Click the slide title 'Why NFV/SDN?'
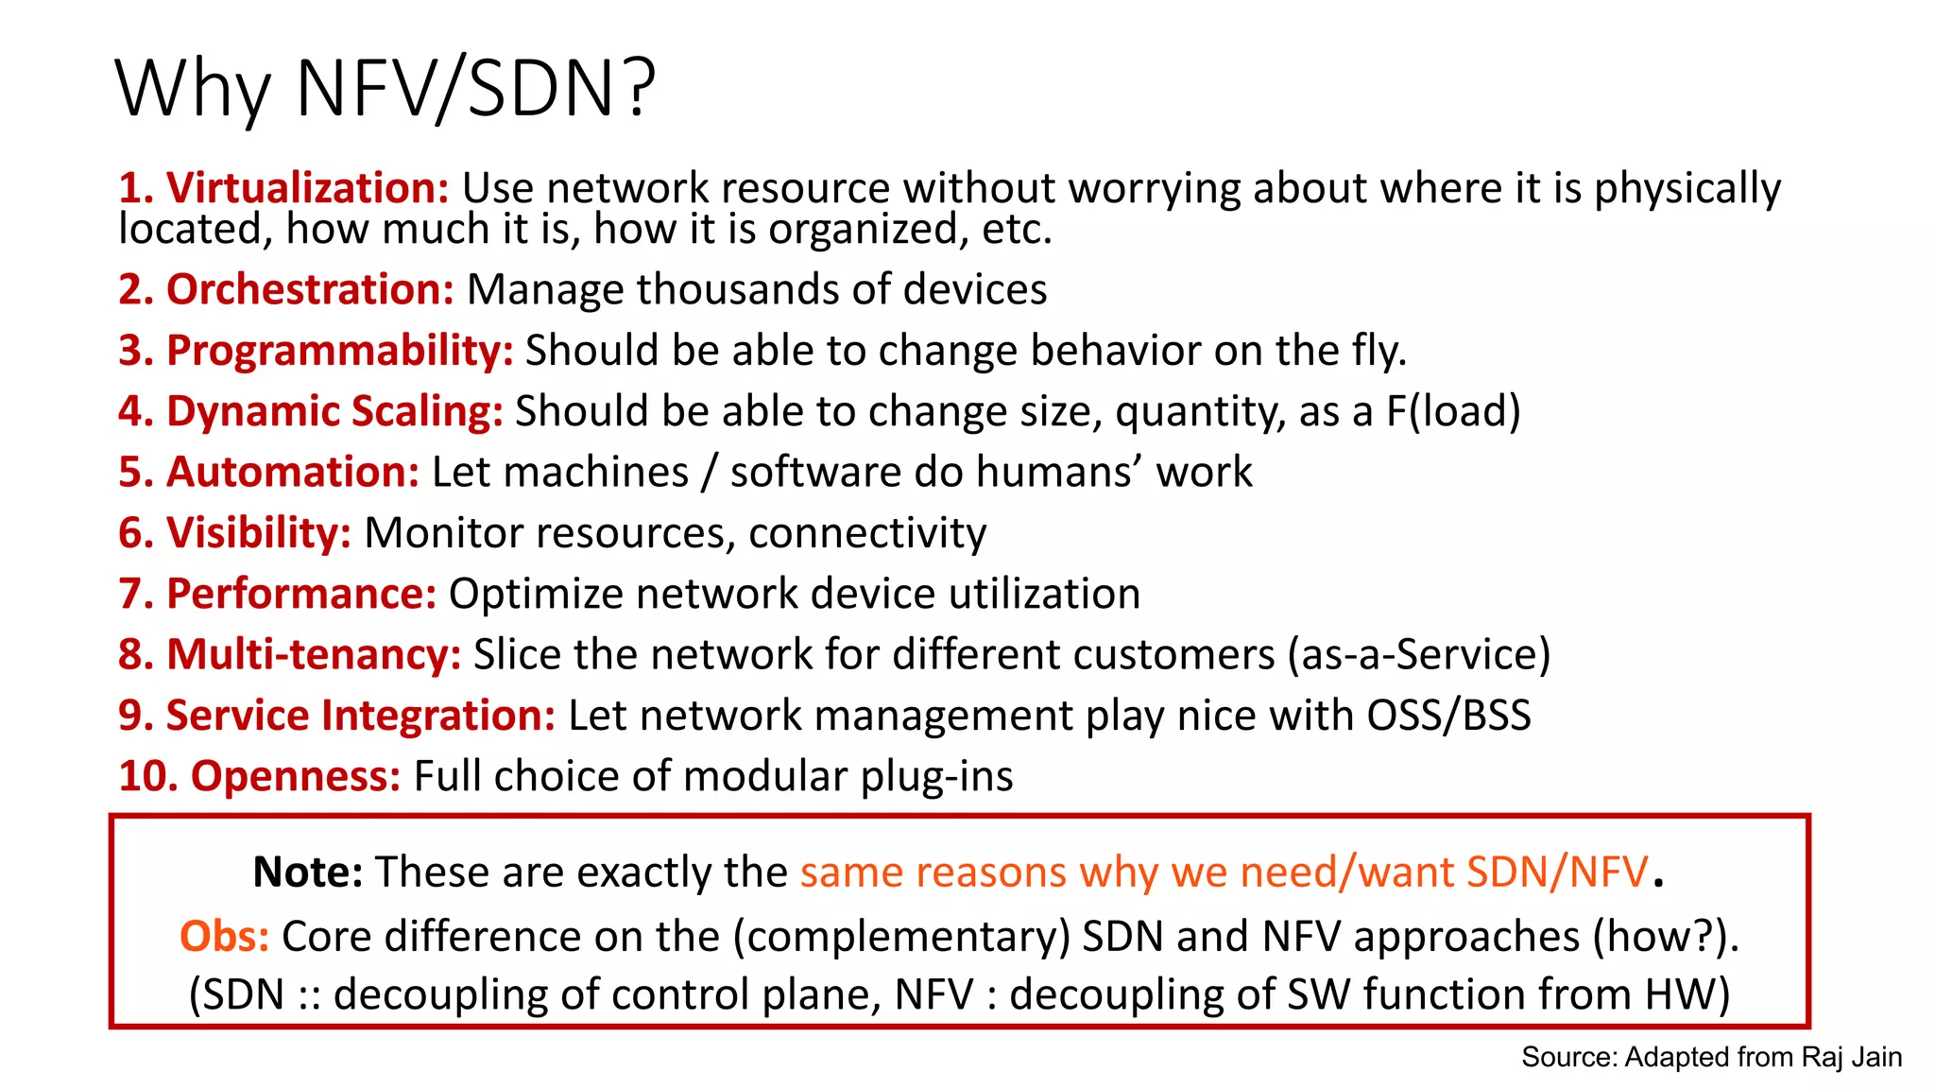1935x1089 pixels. point(385,89)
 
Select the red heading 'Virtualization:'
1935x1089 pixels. point(307,188)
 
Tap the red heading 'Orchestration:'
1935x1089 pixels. point(310,289)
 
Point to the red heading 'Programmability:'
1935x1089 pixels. point(339,351)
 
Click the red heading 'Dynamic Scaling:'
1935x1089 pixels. point(334,411)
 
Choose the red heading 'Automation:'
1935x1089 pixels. point(292,472)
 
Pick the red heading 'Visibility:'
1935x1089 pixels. point(258,533)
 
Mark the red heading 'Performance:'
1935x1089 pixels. point(300,594)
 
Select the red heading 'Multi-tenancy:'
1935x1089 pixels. point(313,654)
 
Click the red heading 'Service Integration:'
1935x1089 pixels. point(360,716)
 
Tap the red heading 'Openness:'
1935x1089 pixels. point(296,776)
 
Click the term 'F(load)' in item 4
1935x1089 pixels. point(1453,411)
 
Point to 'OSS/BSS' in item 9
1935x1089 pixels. point(1448,716)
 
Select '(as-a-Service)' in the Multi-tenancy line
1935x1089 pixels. point(1418,654)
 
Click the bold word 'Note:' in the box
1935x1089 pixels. point(308,872)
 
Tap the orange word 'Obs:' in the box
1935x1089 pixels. point(224,936)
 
